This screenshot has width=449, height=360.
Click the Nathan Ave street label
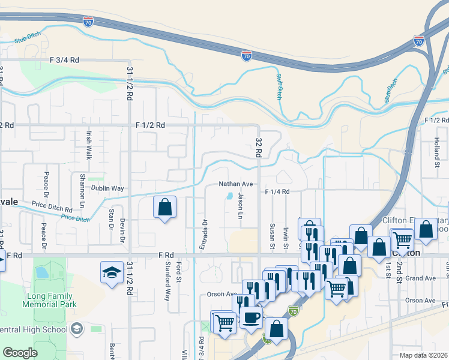tap(235, 184)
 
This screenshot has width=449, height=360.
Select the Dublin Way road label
tap(107, 188)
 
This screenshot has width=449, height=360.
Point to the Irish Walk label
tap(89, 146)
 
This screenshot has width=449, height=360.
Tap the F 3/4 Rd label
tap(65, 60)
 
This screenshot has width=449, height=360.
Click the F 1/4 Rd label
tap(277, 191)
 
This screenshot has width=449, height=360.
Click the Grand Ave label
tap(420, 278)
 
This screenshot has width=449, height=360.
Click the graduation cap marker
tap(112, 274)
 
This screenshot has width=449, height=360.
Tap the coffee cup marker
tap(251, 317)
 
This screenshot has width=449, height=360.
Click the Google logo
tap(19, 353)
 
